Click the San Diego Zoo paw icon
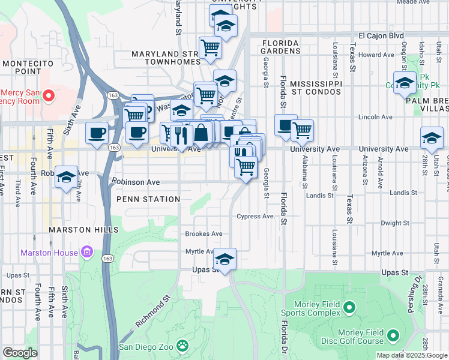pos(182,346)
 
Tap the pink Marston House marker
pos(88,251)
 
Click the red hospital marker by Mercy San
pos(50,95)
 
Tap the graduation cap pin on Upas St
pos(224,259)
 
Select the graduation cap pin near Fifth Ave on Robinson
pos(67,177)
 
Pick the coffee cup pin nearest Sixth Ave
pos(97,133)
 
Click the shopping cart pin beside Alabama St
pos(302,130)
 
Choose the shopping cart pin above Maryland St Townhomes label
pos(210,47)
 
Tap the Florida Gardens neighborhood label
pos(280,47)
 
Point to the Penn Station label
pos(148,199)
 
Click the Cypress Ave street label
pos(256,216)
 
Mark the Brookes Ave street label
pos(203,234)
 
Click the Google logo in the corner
pos(20,353)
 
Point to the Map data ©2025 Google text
pos(412,355)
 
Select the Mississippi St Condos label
pos(316,87)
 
